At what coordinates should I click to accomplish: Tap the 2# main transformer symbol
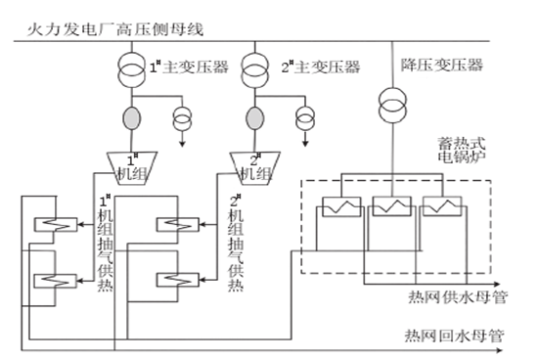click(x=254, y=68)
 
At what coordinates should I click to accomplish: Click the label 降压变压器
click(x=440, y=65)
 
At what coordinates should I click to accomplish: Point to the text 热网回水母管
click(x=454, y=336)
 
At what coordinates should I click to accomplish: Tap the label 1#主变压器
click(x=189, y=67)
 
